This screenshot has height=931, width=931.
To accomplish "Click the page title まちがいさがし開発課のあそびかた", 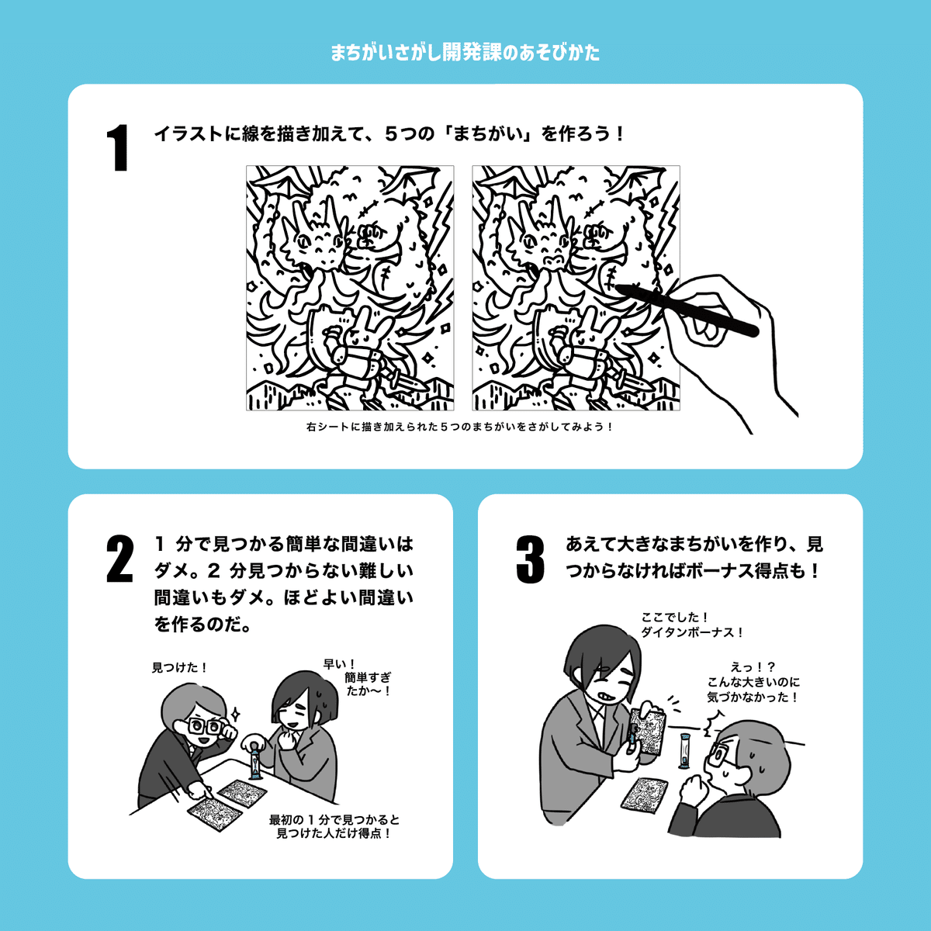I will (465, 53).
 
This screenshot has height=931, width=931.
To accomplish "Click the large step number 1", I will (118, 148).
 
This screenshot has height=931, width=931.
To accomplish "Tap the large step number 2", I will (119, 559).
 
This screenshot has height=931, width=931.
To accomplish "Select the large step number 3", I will (530, 560).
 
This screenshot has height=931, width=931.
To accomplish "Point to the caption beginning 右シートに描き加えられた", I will (459, 427).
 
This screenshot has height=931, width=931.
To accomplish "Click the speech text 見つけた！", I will (179, 667).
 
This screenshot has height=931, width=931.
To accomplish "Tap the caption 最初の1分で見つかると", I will (334, 820).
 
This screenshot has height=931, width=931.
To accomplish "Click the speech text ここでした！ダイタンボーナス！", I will (691, 625).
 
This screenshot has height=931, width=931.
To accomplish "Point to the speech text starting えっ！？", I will (753, 682).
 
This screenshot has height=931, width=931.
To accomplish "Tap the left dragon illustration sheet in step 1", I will (350, 288).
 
